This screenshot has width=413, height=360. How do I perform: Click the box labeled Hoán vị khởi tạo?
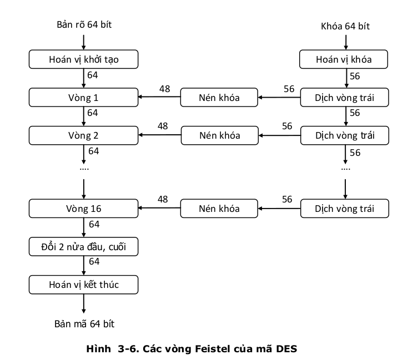83,59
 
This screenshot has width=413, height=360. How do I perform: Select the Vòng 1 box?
83,98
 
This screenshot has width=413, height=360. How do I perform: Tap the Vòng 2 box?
83,135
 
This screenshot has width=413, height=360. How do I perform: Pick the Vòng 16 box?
83,209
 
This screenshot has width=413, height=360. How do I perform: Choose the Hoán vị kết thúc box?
83,285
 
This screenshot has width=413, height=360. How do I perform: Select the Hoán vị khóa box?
344,59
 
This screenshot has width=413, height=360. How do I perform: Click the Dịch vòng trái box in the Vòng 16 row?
344,209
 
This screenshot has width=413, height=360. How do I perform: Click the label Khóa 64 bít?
345,26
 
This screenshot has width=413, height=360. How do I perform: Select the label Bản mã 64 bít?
84,323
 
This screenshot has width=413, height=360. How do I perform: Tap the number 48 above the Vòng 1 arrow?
163,89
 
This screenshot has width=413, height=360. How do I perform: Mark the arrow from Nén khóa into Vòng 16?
160,209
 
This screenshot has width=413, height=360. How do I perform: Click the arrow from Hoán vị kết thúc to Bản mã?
83,303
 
